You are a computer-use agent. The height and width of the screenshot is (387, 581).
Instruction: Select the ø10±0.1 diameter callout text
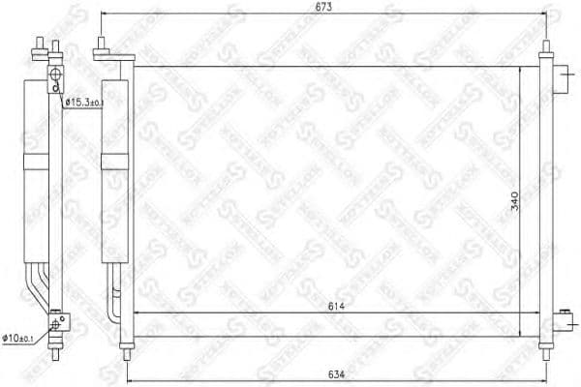point(22,337)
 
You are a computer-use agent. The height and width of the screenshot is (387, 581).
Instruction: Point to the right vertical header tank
point(545,193)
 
